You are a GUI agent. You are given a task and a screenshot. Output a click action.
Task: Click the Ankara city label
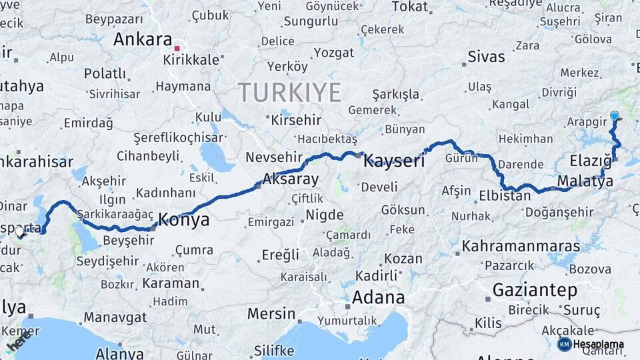pos(143,39)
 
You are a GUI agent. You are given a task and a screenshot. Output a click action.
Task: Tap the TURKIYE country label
pos(289,92)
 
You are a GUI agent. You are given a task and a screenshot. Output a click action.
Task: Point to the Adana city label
pos(379,297)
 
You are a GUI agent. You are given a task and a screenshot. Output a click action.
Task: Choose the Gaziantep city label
pos(534,290)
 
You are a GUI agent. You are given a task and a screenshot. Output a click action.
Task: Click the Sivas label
pos(486,56)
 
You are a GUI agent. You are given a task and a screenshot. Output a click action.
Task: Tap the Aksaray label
pos(291,179)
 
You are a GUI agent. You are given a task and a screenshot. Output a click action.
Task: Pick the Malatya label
pos(580,181)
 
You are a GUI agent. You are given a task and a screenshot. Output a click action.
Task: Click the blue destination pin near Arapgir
pos(614,116)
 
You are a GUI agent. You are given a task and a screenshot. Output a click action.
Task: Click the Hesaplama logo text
pos(598,344)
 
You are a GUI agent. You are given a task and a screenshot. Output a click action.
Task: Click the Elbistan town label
pos(505,196)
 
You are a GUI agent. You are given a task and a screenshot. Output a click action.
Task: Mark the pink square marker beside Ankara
pos(177,48)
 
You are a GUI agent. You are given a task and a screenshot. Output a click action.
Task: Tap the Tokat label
pos(409,6)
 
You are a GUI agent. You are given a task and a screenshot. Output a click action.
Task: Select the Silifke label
pos(275,350)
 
